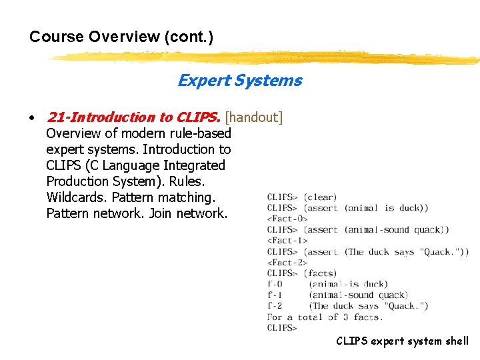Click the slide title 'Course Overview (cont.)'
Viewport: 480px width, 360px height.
click(x=121, y=37)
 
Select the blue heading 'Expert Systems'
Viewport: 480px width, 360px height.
click(x=239, y=81)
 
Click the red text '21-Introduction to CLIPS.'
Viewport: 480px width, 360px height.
click(x=133, y=117)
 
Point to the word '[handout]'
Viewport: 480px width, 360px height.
click(x=254, y=117)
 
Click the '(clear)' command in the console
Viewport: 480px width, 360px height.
click(x=320, y=197)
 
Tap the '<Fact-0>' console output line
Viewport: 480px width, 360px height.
click(x=287, y=219)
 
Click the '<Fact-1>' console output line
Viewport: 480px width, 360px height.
click(x=287, y=240)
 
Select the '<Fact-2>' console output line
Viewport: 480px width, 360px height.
click(x=287, y=262)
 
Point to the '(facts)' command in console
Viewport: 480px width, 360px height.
click(x=320, y=273)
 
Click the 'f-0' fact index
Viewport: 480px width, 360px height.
click(x=275, y=284)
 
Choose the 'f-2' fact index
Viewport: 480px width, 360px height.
click(x=275, y=306)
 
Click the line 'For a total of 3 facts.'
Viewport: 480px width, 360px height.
click(x=324, y=317)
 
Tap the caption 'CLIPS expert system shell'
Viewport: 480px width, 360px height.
click(x=402, y=341)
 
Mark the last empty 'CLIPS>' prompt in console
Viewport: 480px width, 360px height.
click(x=282, y=327)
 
